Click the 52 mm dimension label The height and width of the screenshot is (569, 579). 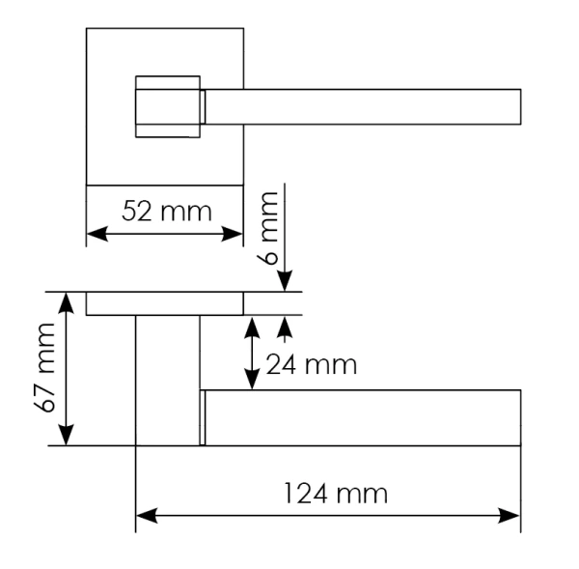pos(167,212)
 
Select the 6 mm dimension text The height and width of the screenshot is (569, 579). pos(268,228)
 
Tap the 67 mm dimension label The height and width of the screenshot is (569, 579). pos(45,367)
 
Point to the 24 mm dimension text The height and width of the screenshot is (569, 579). pos(311,365)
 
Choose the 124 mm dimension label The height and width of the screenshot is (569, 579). pos(336,494)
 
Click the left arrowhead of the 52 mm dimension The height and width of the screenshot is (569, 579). pos(97,234)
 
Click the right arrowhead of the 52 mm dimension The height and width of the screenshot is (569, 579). pos(232,234)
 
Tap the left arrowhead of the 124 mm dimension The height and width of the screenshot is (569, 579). pos(147,516)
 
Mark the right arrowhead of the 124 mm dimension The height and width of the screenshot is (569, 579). pos(510,516)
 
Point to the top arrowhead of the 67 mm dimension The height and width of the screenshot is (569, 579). pos(66,303)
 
